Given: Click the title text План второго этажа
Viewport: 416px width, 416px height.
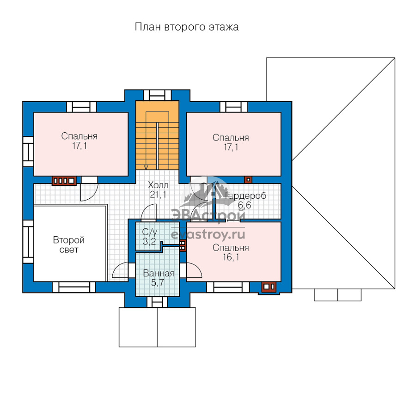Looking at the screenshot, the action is tap(187, 27).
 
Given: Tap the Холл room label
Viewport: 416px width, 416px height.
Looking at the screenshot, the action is tap(158, 184).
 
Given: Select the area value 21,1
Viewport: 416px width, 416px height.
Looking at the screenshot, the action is tap(158, 195).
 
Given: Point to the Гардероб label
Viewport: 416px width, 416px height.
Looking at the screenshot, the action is tap(245, 196).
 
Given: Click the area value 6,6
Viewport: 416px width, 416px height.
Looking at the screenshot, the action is tap(245, 205).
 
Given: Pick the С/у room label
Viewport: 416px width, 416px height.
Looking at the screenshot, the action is tap(150, 232).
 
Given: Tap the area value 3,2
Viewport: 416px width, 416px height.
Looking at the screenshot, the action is tap(149, 241).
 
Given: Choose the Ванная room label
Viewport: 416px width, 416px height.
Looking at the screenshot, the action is tap(159, 273).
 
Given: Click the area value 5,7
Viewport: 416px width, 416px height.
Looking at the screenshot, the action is tap(158, 283).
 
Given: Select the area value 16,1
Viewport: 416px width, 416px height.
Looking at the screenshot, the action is tap(231, 257).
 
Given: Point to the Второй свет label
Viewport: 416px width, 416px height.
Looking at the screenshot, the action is tap(69, 245).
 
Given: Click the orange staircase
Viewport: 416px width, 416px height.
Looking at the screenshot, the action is tap(157, 135).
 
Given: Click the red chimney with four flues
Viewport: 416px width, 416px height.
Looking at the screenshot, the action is tap(64, 181).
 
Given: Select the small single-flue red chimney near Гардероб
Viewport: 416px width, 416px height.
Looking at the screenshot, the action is tap(248, 180).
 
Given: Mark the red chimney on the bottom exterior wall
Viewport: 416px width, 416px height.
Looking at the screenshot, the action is tap(269, 287).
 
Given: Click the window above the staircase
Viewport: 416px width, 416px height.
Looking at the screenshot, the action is tap(157, 95).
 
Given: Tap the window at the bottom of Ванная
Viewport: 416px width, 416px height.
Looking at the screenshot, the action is tap(157, 302).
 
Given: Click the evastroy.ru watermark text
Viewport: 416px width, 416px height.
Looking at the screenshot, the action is tap(208, 234).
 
